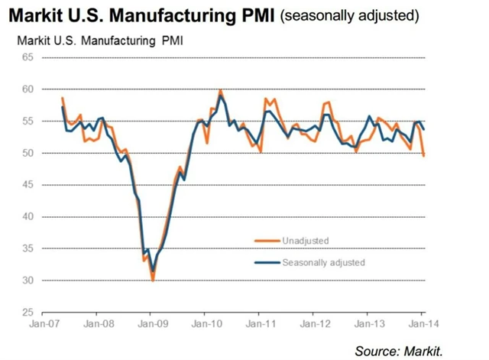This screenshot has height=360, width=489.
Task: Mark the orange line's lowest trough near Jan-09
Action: pos(153,281)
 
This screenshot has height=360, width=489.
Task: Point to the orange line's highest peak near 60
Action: pos(221,90)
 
